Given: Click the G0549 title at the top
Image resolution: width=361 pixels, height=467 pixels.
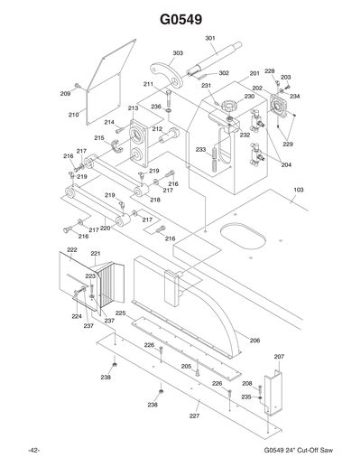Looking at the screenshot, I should point(180,18).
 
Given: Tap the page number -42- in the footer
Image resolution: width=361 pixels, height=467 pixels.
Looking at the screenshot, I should point(33,451).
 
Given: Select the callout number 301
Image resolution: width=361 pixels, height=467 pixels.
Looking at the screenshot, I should point(210,38).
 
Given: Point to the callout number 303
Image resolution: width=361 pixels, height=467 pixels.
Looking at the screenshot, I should point(178,53).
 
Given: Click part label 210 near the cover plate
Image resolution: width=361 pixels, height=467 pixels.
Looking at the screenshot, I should point(73,116).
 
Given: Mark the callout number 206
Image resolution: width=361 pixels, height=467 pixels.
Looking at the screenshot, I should point(255,341).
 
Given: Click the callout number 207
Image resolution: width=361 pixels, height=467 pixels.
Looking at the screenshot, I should point(279,357).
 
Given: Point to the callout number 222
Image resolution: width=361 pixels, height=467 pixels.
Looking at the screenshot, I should point(71,248).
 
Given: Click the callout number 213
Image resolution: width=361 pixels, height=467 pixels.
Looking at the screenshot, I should point(133,107).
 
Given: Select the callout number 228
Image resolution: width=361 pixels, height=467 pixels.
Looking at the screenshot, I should point(269,70).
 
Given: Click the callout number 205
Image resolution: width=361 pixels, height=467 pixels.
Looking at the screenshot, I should point(185,366).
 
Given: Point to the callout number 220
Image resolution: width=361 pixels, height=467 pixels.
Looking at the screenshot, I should point(106,229).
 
